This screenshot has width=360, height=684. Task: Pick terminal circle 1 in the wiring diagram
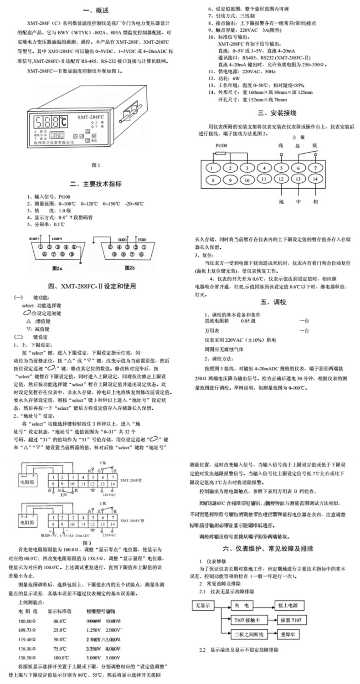click(x=212, y=168)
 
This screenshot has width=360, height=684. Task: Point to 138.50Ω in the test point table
click(x=28, y=658)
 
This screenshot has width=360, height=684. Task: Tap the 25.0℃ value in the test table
click(x=60, y=629)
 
